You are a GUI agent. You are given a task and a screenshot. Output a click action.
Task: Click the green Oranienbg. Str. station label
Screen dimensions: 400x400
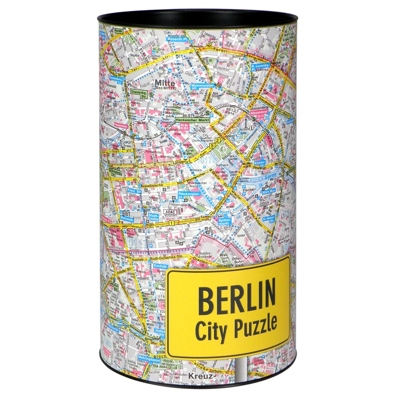click(138, 93)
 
